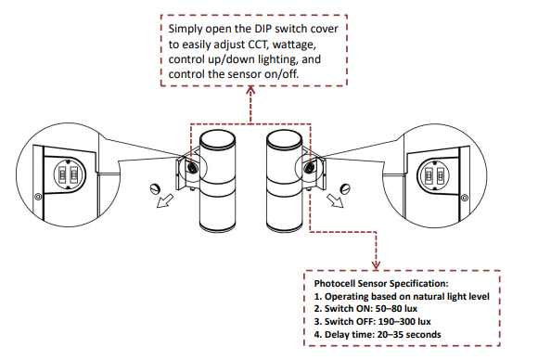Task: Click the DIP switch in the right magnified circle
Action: (434, 174)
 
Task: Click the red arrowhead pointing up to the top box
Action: (250, 93)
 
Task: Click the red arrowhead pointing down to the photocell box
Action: (376, 262)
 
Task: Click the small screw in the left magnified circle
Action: (36, 197)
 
